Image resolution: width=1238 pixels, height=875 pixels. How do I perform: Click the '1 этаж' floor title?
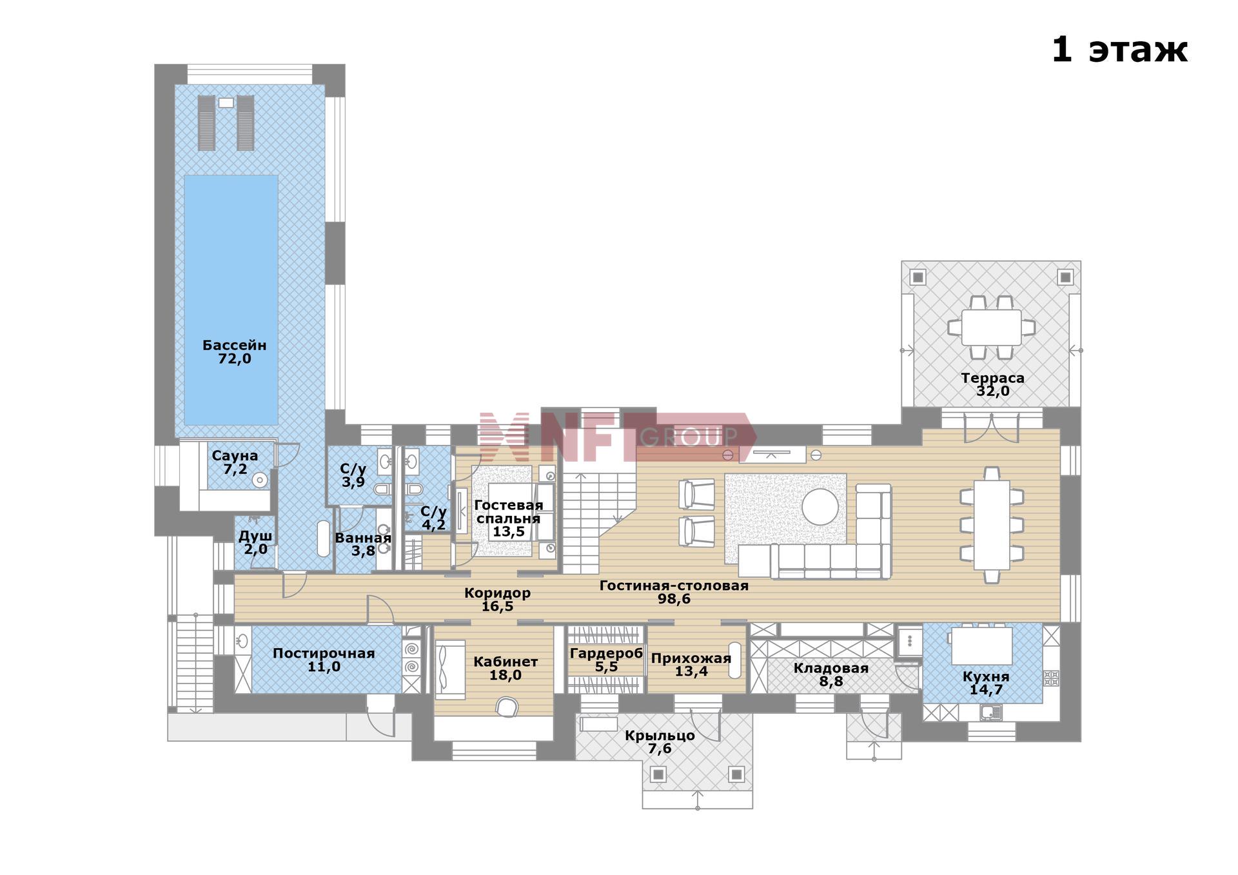1119,50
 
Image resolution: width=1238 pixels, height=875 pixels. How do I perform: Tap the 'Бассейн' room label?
234,345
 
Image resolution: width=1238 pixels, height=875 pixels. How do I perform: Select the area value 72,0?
235,359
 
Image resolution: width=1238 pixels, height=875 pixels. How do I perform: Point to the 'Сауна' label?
235,455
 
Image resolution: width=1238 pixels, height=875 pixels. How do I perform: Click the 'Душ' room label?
255,536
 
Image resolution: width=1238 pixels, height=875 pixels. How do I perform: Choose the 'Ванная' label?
363,538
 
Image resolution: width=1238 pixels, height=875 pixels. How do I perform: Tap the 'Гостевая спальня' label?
509,511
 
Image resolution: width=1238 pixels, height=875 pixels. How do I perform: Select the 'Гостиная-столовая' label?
674,585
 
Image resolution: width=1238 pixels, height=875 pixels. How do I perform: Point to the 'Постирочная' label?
324,653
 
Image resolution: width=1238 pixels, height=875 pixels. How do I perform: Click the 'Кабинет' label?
506,662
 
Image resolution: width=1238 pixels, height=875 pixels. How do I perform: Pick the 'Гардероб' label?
606,653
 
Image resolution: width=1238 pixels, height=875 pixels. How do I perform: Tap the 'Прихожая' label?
691,658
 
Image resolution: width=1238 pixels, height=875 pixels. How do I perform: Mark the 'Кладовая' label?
830,668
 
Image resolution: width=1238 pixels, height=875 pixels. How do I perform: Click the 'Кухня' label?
986,676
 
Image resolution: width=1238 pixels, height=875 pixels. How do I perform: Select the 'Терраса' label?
992,378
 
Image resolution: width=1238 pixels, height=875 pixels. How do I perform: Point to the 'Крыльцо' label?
660,736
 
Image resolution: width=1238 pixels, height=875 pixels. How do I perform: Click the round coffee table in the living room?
821,507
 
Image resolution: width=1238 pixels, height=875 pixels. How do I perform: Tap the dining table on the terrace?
991,327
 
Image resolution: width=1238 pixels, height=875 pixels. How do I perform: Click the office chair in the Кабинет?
507,707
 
